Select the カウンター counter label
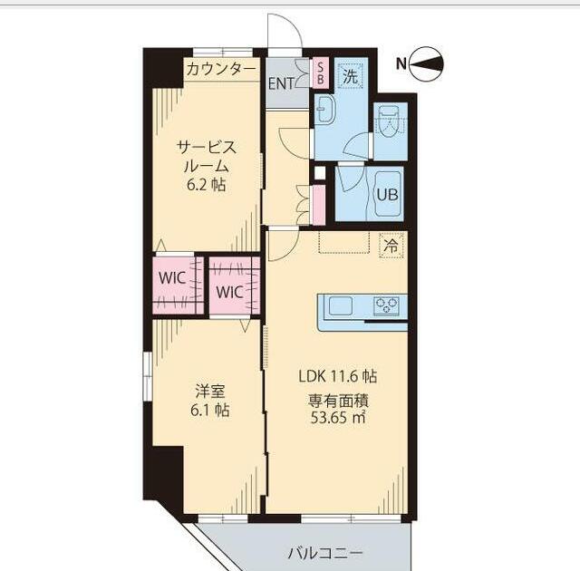pos(221,69)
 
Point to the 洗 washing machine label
pos(350,76)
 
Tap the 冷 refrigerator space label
pos(391,245)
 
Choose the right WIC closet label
pos(229,292)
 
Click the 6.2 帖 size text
pos(207,186)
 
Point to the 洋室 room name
pos(210,392)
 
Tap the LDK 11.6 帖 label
pos(338,375)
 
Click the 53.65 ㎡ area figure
pos(338,418)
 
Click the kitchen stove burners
pos(387,305)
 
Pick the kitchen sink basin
pos(340,305)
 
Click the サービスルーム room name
pos(207,157)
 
